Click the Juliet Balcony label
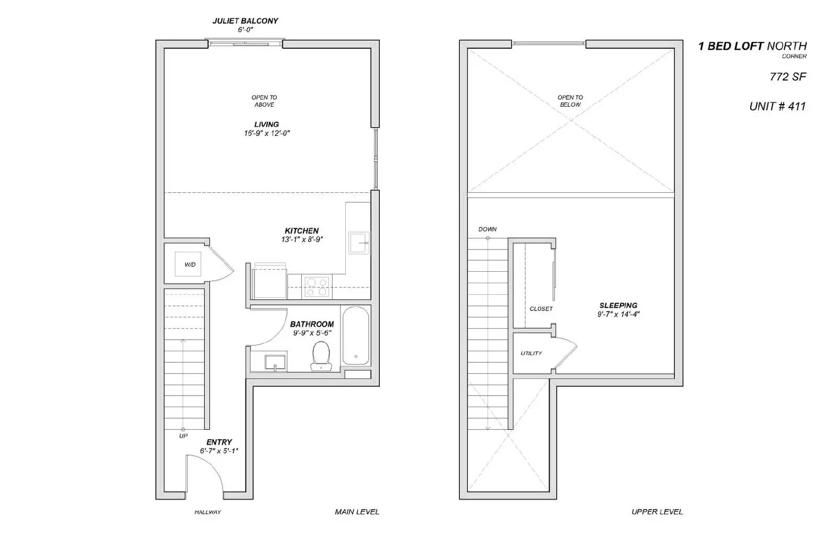pyautogui.click(x=245, y=21)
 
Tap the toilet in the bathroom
pyautogui.click(x=320, y=355)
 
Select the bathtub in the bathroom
pyautogui.click(x=356, y=335)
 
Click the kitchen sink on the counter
pyautogui.click(x=359, y=243)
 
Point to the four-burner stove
pyautogui.click(x=317, y=287)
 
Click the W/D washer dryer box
pyautogui.click(x=189, y=264)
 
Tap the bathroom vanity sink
pyautogui.click(x=275, y=362)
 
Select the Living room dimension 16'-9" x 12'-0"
pyautogui.click(x=267, y=133)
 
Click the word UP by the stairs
pyautogui.click(x=183, y=435)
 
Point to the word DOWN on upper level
pyautogui.click(x=487, y=229)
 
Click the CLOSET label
pyautogui.click(x=541, y=309)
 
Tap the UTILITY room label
pyautogui.click(x=531, y=353)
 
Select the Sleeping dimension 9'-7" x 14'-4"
pyautogui.click(x=618, y=314)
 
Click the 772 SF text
pyautogui.click(x=787, y=77)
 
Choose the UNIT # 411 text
pyautogui.click(x=777, y=107)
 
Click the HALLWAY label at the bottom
pyautogui.click(x=208, y=512)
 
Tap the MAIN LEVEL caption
pyautogui.click(x=357, y=512)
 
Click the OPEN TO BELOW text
pyautogui.click(x=570, y=101)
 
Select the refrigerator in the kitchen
pyautogui.click(x=269, y=283)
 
